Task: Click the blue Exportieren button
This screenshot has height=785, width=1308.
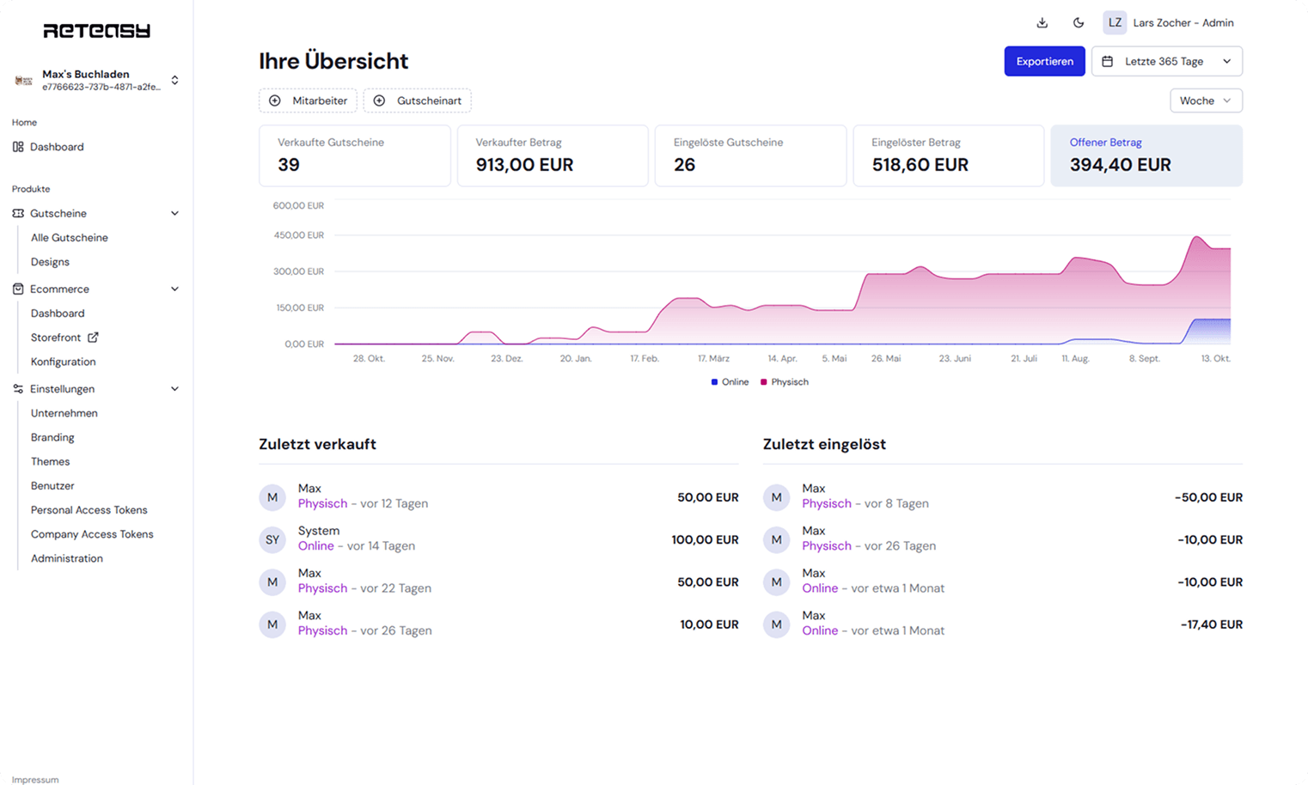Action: point(1044,61)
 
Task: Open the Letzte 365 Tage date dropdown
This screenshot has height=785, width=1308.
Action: point(1166,61)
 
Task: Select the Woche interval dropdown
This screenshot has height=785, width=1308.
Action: point(1205,100)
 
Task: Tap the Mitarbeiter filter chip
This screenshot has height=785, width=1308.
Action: point(308,100)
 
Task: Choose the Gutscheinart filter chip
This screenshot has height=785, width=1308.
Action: point(417,100)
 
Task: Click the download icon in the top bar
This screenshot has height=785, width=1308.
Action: point(1042,23)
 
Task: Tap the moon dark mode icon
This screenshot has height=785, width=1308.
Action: point(1079,23)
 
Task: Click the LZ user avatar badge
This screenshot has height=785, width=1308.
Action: point(1115,23)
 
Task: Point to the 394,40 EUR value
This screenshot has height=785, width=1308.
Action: point(1120,165)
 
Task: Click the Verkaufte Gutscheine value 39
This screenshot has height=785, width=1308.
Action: point(289,165)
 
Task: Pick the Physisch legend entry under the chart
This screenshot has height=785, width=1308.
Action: point(785,382)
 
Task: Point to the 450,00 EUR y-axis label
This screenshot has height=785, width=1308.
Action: point(298,235)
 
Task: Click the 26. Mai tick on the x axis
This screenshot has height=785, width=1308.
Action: point(885,358)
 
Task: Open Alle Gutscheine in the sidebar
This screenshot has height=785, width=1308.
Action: point(70,238)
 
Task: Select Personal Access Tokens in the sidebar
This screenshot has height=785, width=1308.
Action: point(89,510)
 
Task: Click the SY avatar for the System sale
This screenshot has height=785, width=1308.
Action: point(272,539)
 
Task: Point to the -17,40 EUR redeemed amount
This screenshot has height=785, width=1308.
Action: point(1211,624)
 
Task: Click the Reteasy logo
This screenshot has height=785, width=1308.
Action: point(96,31)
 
